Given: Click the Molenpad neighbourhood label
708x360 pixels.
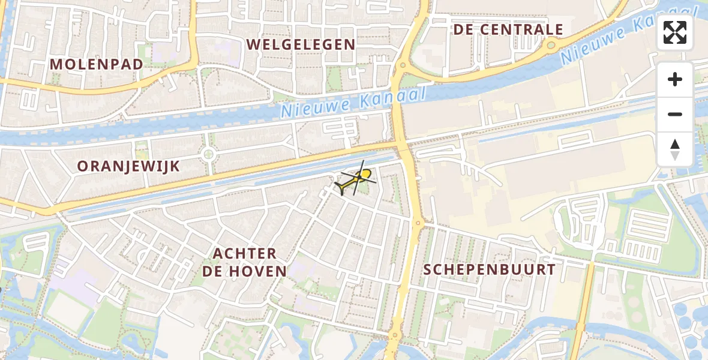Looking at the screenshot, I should pos(97,64).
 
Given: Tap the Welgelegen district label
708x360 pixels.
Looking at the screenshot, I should pos(301,44).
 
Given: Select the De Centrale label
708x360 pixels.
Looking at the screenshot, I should pos(508,29).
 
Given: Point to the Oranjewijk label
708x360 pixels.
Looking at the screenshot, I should pos(129,166).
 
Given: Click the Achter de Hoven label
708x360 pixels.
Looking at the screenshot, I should pos(244,262).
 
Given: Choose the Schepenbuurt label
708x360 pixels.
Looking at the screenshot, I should pos(490,269).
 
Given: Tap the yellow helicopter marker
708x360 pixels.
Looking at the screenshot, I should pos(358,179).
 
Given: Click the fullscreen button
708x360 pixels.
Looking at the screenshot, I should pos(675,32).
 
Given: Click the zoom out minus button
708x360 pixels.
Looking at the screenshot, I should pos(675,114).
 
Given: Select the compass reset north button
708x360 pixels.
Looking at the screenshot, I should pos(675,149).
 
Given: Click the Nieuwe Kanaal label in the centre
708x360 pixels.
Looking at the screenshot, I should pos(353,102).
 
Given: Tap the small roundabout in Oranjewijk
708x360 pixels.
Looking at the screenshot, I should pos(209,154).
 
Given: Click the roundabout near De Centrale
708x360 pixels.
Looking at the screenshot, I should pos(551,44).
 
